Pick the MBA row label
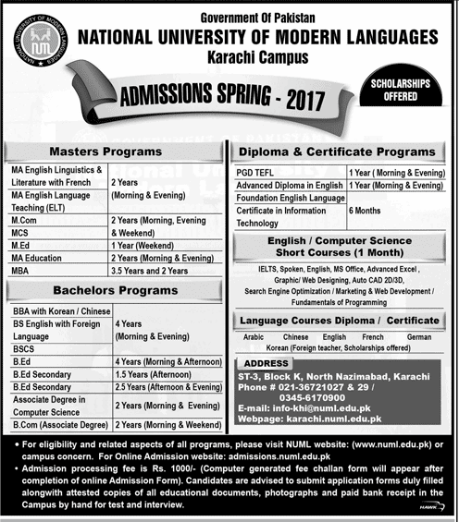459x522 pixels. point(23,273)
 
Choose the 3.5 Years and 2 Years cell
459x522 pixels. point(151,273)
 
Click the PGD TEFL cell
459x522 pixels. point(260,172)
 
